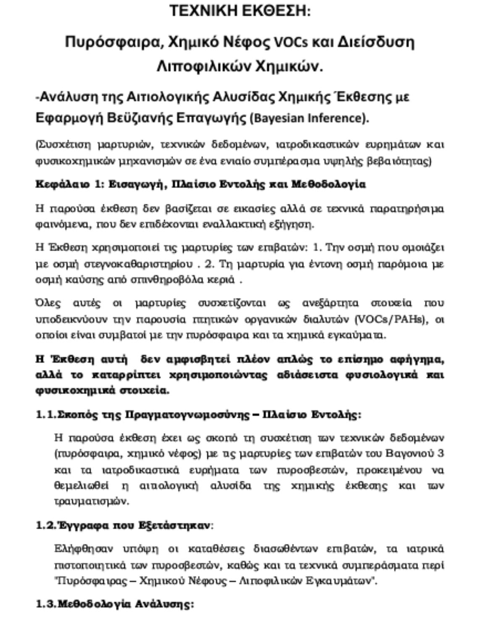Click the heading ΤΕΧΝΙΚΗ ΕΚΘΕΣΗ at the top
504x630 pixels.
point(240,10)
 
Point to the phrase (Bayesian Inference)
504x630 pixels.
point(309,118)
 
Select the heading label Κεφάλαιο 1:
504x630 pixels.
point(69,184)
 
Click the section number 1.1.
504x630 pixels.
point(46,415)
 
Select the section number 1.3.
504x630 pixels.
point(46,604)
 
